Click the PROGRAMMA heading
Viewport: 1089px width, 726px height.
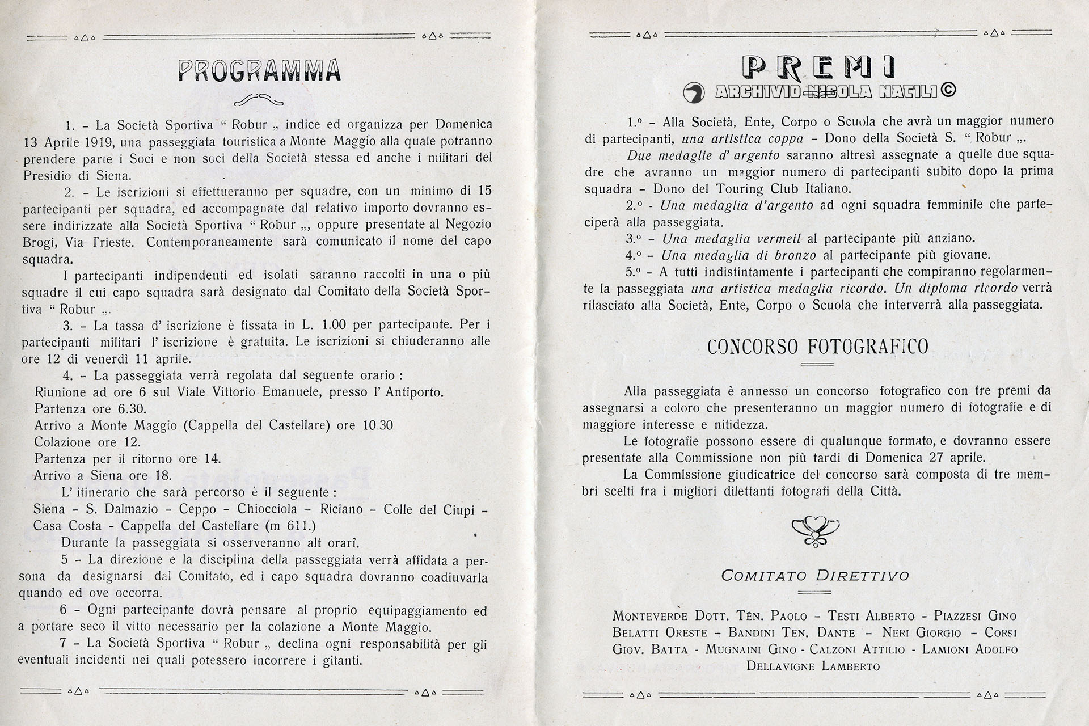pos(260,71)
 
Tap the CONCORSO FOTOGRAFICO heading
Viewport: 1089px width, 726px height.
pos(817,347)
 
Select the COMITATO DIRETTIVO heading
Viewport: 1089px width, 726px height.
pos(815,576)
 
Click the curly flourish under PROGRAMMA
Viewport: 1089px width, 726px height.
pos(259,100)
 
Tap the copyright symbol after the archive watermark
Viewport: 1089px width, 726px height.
pos(948,90)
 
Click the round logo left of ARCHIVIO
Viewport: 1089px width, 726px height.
pos(694,92)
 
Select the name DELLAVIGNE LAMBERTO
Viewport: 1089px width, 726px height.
pos(813,666)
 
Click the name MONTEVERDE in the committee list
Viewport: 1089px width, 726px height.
pos(650,616)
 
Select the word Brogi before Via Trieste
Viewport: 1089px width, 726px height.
pos(40,242)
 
